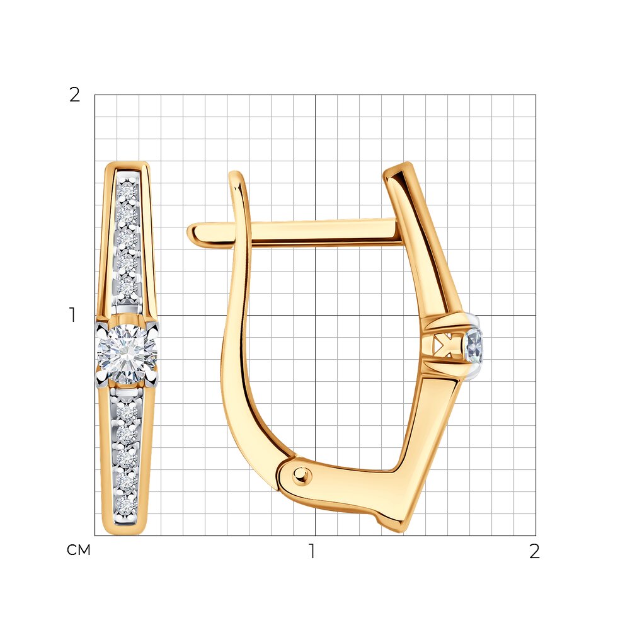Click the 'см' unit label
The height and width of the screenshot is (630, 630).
tap(78, 550)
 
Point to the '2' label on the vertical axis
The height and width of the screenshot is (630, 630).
tap(75, 95)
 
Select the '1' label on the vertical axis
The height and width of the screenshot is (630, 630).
tap(72, 315)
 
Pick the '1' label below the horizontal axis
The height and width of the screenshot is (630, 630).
tap(311, 551)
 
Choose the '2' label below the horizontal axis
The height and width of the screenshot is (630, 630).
tap(534, 551)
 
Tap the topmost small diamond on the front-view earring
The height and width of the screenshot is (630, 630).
tap(128, 192)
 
